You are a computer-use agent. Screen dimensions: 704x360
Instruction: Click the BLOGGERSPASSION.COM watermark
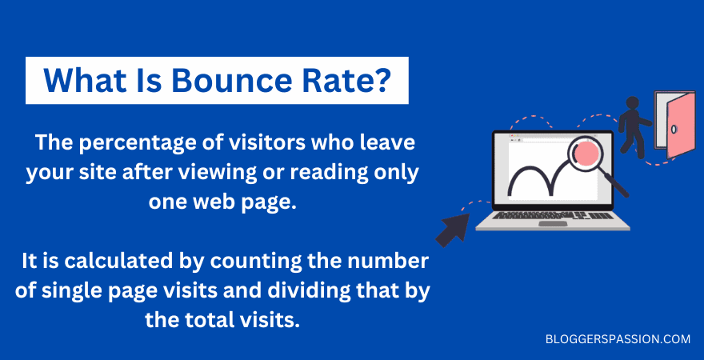click(618, 339)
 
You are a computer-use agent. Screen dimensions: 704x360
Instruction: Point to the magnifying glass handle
click(617, 186)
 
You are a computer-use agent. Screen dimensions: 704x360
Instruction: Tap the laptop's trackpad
click(553, 223)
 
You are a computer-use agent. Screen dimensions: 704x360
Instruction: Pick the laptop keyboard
click(553, 215)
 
